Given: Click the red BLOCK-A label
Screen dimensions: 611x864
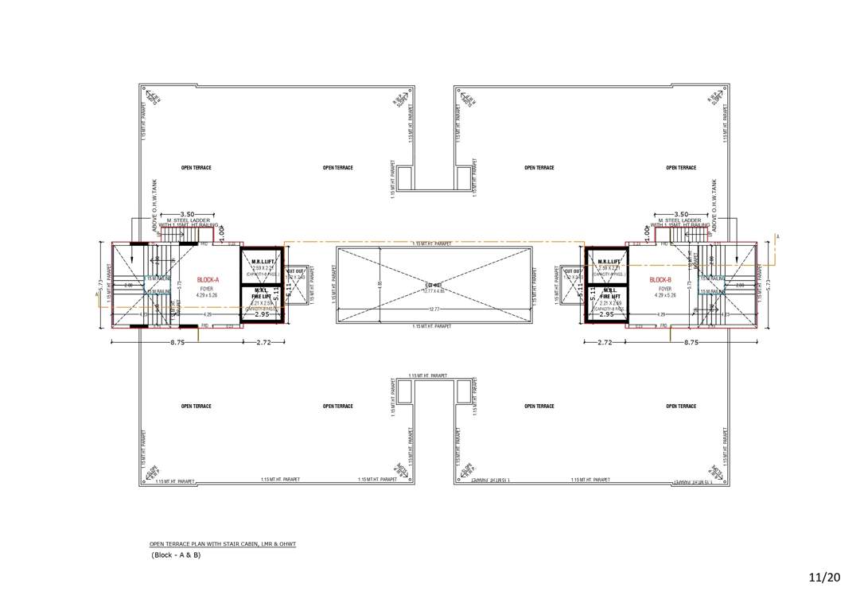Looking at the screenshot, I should click(208, 280).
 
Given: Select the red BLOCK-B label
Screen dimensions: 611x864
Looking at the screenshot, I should click(660, 280).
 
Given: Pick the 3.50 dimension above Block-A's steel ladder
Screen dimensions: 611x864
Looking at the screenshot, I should click(189, 215).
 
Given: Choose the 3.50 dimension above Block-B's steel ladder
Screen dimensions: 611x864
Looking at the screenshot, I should click(680, 215).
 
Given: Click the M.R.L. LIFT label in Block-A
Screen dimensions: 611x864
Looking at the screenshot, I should click(263, 261).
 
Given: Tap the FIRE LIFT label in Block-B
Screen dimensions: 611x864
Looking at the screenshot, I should click(609, 296).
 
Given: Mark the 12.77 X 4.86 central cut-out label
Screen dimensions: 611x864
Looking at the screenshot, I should click(434, 290).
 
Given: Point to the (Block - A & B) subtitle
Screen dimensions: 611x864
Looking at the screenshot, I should click(176, 555).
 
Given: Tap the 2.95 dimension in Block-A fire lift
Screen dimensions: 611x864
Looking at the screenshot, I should click(263, 314).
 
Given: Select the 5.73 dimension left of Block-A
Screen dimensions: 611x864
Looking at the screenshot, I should click(100, 284).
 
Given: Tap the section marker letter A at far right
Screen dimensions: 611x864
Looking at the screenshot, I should click(777, 237).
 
